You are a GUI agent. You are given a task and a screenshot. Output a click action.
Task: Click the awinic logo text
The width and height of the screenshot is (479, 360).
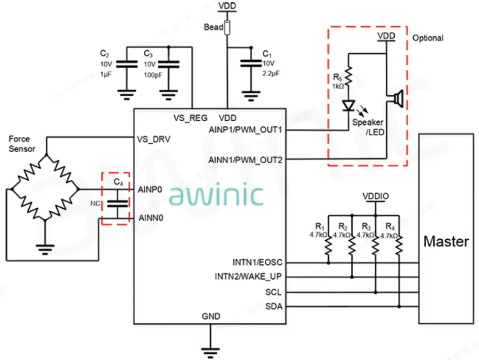pos(216,195)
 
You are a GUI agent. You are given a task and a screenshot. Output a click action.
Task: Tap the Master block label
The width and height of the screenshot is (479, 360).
pos(446,241)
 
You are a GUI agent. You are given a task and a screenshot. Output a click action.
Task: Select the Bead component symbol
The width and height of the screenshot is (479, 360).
pos(227,28)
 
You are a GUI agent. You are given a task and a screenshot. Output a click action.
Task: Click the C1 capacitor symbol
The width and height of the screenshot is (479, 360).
pos(251,63)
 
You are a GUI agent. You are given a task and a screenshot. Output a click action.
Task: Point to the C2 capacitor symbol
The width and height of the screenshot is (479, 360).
pos(127,64)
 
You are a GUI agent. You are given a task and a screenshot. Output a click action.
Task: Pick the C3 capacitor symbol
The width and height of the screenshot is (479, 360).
pos(169,64)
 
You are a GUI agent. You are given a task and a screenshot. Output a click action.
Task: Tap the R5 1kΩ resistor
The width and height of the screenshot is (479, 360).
pos(348,76)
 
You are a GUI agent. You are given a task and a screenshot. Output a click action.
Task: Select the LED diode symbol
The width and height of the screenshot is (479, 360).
pos(349,106)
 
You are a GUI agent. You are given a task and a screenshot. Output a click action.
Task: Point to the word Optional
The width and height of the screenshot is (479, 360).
pos(428,38)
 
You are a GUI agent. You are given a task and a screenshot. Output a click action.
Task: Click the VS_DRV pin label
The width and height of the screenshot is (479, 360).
pos(153,139)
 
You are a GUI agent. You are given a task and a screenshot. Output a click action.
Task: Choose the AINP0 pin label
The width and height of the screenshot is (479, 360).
pos(150,190)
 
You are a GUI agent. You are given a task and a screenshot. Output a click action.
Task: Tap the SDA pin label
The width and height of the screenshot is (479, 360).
pos(274,306)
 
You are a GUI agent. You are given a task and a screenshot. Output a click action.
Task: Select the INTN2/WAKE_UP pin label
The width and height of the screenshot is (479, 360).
pos(248,277)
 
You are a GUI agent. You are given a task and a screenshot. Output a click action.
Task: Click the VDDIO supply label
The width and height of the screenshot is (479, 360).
pos(376,196)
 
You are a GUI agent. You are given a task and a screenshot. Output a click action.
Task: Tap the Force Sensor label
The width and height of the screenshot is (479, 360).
pos(21,144)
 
